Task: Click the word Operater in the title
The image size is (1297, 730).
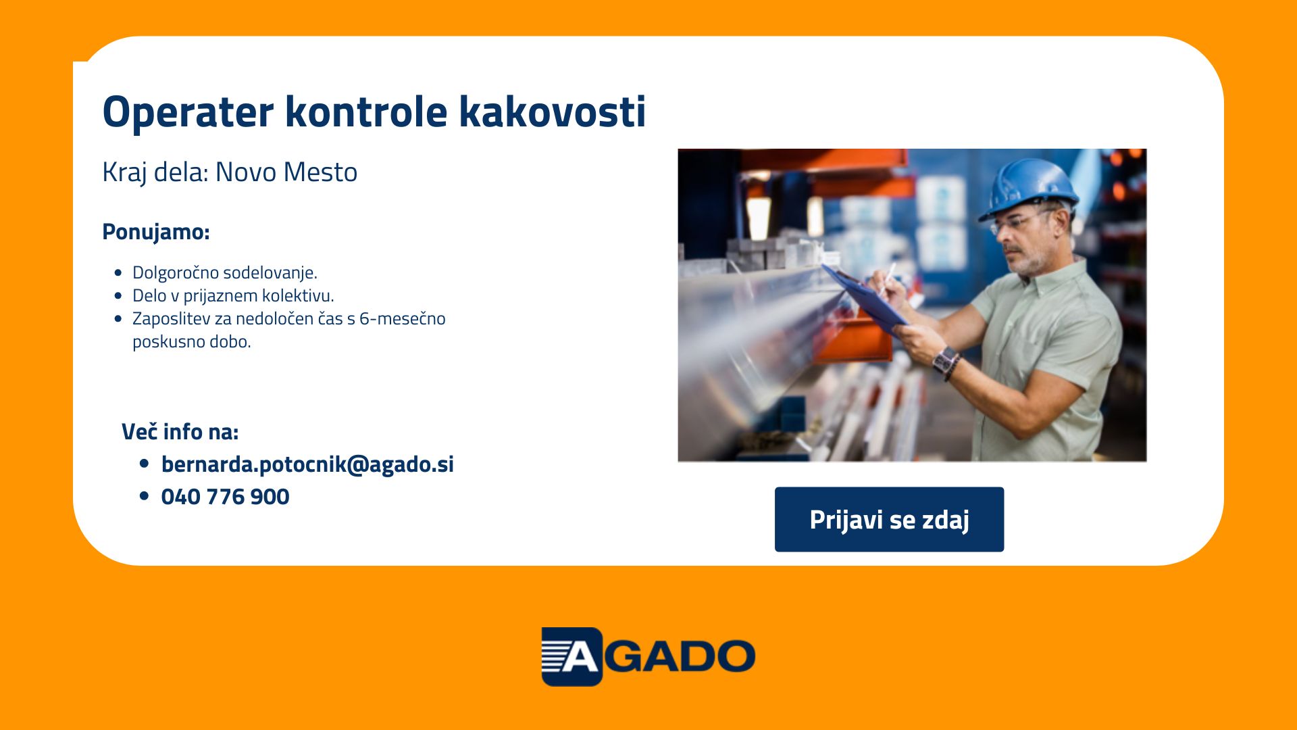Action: point(188,112)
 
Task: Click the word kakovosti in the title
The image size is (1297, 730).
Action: point(553,111)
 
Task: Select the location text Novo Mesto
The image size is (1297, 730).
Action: point(286,172)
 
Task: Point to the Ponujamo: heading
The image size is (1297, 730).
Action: point(156,232)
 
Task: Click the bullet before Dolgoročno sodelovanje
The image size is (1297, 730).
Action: point(119,273)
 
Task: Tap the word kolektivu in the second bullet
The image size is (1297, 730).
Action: point(298,295)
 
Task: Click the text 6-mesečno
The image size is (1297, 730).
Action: point(403,318)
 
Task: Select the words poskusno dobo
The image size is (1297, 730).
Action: point(192,342)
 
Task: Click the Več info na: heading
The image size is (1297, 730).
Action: point(180,432)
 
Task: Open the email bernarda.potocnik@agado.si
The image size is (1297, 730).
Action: point(307,464)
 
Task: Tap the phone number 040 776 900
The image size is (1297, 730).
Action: point(226,497)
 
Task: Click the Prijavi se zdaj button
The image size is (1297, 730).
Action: point(889,519)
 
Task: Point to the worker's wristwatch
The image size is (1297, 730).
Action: point(944,359)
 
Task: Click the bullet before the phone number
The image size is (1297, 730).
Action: point(144,496)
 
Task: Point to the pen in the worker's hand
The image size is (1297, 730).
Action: point(888,277)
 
